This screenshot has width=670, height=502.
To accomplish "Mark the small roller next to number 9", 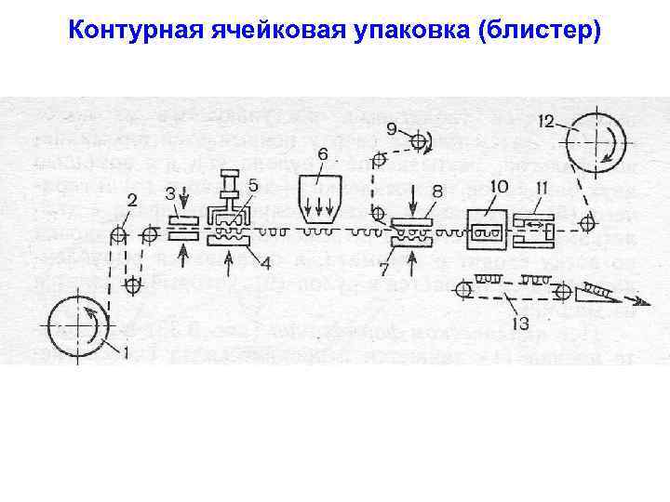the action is point(418,141).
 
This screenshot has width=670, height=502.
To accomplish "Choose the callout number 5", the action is point(253,187).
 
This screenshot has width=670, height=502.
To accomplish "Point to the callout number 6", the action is point(323,153).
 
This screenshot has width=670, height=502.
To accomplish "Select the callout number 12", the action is point(546,120).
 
